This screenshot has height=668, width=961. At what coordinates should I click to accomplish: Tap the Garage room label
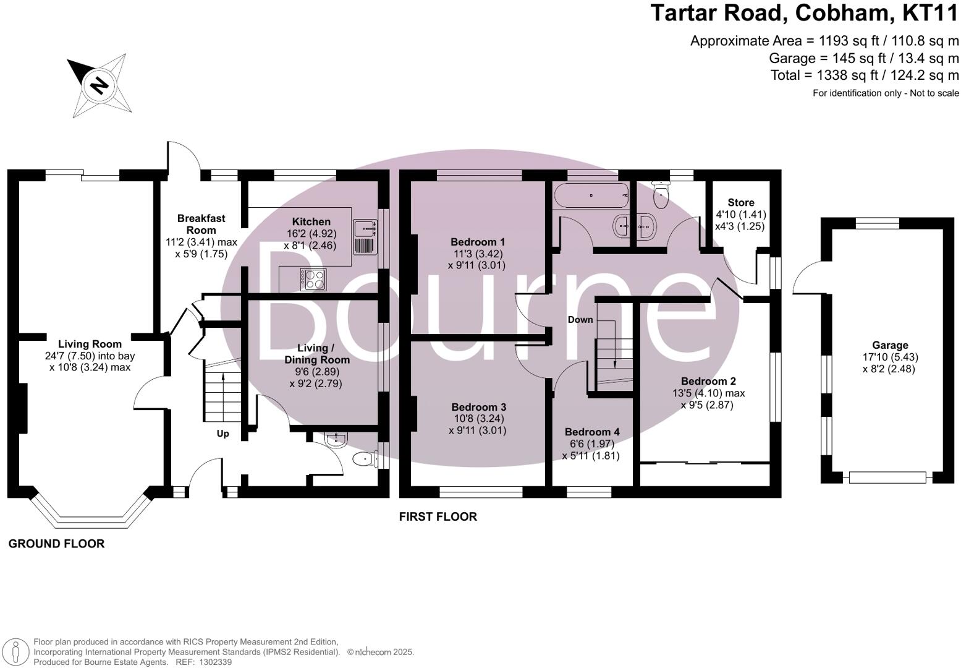(x=890, y=345)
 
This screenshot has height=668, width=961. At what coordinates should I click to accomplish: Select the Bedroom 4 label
(x=591, y=432)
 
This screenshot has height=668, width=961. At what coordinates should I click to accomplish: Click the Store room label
(x=740, y=202)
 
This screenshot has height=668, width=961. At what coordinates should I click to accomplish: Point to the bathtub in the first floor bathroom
(x=591, y=195)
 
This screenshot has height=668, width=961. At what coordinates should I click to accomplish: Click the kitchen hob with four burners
(x=313, y=280)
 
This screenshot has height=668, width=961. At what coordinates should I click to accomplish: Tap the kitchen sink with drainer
(x=365, y=237)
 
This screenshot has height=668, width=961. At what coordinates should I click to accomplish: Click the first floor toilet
(x=661, y=196)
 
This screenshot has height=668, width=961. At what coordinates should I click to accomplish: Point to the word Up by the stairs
(x=222, y=434)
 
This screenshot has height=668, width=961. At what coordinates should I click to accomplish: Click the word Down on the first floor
(x=580, y=320)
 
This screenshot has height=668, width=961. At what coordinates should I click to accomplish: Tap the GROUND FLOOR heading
(x=56, y=544)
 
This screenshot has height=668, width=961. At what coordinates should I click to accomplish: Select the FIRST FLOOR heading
(x=438, y=516)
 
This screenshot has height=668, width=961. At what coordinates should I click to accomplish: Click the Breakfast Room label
(x=201, y=224)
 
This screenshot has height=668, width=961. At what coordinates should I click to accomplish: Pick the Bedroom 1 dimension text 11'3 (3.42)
(x=477, y=254)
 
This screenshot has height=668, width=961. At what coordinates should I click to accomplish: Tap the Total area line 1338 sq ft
(x=864, y=75)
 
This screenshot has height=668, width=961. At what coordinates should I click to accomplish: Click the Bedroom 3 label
(x=478, y=407)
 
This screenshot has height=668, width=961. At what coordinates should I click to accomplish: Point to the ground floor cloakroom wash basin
(x=337, y=440)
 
